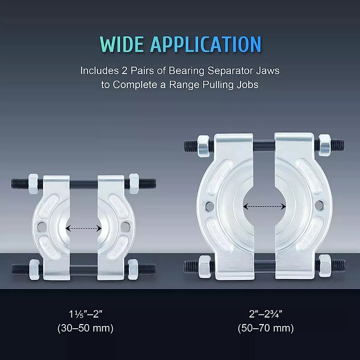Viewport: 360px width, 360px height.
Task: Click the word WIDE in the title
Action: [122, 44]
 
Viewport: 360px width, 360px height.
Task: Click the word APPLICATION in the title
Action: [206, 44]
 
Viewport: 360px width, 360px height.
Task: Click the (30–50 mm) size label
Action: [85, 328]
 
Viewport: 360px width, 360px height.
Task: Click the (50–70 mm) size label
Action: [266, 328]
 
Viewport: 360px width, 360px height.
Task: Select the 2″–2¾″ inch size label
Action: [266, 314]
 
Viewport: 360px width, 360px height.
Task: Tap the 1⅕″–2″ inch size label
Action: [85, 314]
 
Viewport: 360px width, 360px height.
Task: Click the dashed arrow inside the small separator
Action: [83, 228]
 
